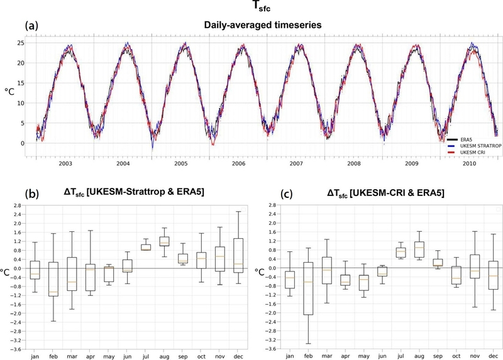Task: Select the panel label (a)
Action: pyautogui.click(x=32, y=26)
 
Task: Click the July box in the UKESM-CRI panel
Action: pyautogui.click(x=401, y=253)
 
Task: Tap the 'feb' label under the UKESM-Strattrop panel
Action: pyautogui.click(x=53, y=356)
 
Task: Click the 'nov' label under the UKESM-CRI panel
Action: pyautogui.click(x=475, y=356)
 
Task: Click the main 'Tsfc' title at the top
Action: pyautogui.click(x=252, y=8)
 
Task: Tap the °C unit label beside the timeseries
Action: pyautogui.click(x=10, y=92)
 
